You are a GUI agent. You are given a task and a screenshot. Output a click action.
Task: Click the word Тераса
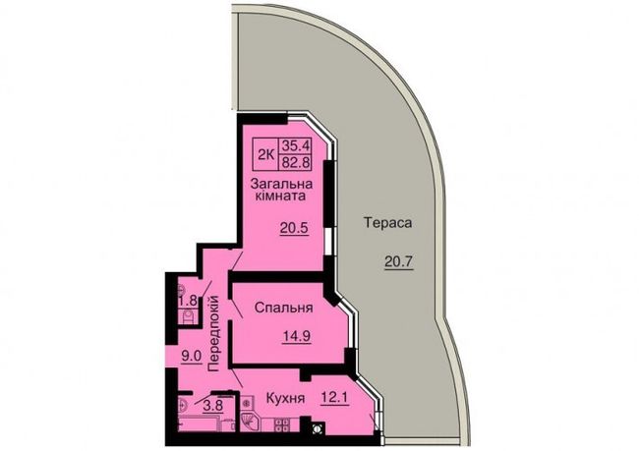click(387, 223)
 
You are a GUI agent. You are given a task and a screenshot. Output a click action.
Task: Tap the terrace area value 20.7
click(399, 261)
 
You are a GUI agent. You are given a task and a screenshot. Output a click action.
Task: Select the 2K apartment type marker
click(265, 154)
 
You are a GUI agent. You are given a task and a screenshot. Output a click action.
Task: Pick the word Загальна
click(281, 184)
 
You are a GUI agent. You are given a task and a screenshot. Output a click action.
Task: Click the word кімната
click(280, 196)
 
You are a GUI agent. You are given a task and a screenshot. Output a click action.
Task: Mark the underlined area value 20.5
click(294, 228)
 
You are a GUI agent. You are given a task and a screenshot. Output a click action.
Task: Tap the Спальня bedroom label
click(284, 308)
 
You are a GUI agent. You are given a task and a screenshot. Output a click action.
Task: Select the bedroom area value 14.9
click(297, 336)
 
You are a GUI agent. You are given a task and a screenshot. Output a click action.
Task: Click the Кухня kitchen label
click(285, 398)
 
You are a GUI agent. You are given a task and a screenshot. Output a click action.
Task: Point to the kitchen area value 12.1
click(334, 397)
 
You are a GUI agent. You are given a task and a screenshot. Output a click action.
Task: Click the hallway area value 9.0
click(192, 357)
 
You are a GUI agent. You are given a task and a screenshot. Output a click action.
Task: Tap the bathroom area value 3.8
click(213, 406)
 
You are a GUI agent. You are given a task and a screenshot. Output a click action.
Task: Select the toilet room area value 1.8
click(189, 301)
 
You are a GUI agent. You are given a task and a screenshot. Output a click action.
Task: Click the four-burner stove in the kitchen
click(282, 424)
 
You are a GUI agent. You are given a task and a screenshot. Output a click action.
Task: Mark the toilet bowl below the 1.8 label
click(189, 317)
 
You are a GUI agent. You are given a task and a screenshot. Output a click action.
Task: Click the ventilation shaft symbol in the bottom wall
click(318, 428)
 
